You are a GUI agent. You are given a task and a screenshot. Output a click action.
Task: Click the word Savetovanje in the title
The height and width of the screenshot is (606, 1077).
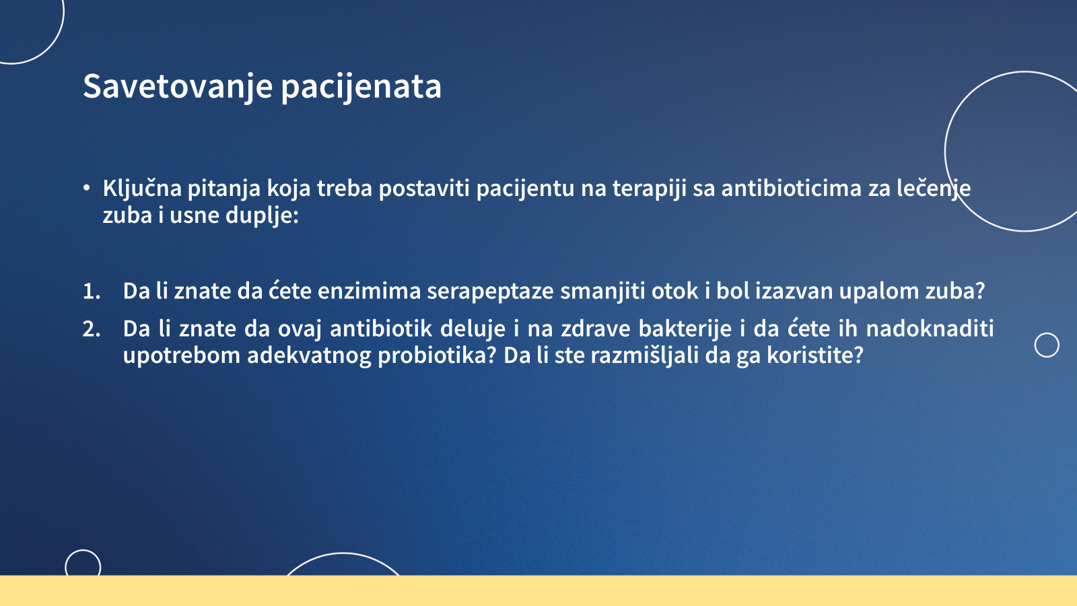point(178,87)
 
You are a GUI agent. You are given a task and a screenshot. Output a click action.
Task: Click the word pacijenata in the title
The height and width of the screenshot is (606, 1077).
point(361,87)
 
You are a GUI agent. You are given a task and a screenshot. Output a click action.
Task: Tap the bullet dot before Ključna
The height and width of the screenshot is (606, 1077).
point(86,188)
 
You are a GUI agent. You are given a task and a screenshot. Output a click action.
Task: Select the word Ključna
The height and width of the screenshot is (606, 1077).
point(142,189)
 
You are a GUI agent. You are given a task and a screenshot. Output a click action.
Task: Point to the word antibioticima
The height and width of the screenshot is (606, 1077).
point(792,189)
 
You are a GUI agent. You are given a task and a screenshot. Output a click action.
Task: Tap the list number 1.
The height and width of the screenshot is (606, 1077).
point(92,292)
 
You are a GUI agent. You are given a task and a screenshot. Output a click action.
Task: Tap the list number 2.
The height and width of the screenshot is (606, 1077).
point(92,329)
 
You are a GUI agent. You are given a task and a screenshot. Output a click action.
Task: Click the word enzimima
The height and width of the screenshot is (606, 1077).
point(369,291)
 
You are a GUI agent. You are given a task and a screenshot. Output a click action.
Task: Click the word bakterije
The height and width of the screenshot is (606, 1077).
point(685,329)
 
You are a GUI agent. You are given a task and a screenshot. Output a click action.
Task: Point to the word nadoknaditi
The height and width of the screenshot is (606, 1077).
point(930,329)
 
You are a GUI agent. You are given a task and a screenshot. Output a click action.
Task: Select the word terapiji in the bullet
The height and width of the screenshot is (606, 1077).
point(649,189)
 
